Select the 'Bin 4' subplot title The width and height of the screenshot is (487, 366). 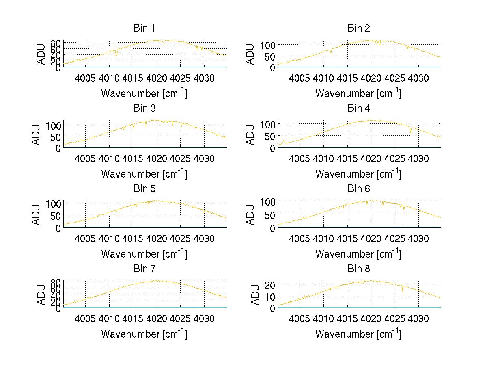pos(358,108)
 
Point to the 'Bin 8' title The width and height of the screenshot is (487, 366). pos(358,269)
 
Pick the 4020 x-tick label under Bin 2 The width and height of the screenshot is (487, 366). pos(371,78)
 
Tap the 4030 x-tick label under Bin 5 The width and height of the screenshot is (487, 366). pos(204,238)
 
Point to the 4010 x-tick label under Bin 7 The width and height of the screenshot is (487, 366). pos(109,318)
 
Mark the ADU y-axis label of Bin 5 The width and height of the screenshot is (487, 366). pos(36,214)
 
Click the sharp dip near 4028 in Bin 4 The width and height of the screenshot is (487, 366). pos(411,132)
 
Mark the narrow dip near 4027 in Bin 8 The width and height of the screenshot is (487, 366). pos(403,292)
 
